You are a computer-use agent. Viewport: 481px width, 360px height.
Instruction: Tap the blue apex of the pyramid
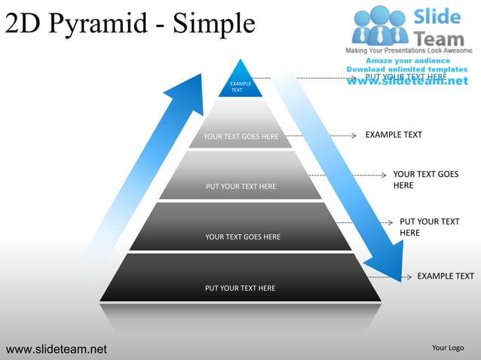coord(240,82)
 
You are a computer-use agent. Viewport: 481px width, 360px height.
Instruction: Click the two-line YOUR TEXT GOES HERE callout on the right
coord(425,179)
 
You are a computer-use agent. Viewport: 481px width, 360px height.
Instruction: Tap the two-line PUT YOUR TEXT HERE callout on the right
coord(429,227)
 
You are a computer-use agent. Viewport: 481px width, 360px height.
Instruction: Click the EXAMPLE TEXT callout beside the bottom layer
coord(445,276)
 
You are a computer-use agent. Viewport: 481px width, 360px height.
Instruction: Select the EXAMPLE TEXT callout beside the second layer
coord(394,135)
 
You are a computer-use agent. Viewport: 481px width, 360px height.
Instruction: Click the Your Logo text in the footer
coord(447,347)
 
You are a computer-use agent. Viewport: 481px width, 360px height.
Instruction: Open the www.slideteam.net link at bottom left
coord(57,349)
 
